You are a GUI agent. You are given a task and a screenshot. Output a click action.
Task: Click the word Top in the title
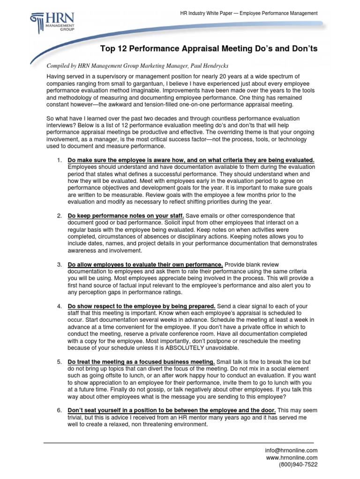109,49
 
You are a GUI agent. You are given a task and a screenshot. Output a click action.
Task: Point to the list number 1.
59,160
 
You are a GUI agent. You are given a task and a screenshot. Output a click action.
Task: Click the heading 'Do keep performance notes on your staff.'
126,215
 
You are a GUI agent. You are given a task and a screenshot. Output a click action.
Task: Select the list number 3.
59,264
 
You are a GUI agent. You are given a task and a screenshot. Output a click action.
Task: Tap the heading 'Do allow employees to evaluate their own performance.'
145,264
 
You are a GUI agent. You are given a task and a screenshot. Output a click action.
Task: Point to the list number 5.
59,362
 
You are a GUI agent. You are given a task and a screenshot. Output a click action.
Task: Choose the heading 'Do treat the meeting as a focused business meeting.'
142,362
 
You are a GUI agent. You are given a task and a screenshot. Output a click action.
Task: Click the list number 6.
59,410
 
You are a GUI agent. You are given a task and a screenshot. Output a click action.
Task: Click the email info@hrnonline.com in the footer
291,450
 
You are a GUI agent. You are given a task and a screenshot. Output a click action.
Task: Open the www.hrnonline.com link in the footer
292,457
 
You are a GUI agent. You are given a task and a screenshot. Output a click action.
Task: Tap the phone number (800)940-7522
298,464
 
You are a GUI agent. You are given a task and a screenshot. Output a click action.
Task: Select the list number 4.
59,306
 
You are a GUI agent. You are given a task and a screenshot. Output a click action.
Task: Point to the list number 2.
59,215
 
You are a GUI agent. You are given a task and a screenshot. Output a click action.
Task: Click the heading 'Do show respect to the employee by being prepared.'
142,306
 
